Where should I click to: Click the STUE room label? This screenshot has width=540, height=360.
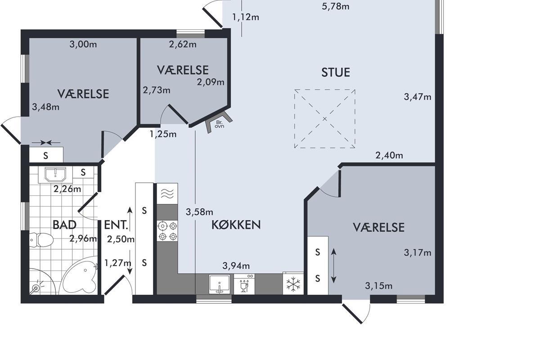pyautogui.click(x=336, y=72)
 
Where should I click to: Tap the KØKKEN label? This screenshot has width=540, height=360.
pyautogui.click(x=236, y=225)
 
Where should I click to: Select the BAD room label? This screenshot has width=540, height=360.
pyautogui.click(x=64, y=225)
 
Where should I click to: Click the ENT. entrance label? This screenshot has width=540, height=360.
pyautogui.click(x=116, y=225)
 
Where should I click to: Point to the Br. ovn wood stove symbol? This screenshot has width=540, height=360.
pyautogui.click(x=219, y=122)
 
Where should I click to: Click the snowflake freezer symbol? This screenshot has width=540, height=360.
pyautogui.click(x=293, y=284)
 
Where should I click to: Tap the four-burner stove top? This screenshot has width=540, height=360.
pyautogui.click(x=167, y=231)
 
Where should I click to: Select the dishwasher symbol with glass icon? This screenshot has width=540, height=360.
pyautogui.click(x=244, y=284)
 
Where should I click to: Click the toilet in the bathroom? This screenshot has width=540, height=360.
pyautogui.click(x=41, y=240)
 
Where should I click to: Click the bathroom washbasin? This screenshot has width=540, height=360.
pyautogui.click(x=55, y=174)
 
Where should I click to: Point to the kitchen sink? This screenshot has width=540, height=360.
pyautogui.click(x=220, y=284)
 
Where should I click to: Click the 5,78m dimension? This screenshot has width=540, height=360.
pyautogui.click(x=336, y=6)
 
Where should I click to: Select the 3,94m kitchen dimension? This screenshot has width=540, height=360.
pyautogui.click(x=236, y=265)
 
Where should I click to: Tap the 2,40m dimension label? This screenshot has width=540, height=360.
pyautogui.click(x=389, y=155)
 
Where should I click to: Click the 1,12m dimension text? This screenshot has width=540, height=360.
pyautogui.click(x=246, y=17)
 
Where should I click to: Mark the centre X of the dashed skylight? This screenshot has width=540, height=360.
pyautogui.click(x=325, y=119)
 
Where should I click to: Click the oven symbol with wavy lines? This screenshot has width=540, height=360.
pyautogui.click(x=167, y=193)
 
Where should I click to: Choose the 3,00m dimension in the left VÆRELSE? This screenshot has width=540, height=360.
pyautogui.click(x=83, y=45)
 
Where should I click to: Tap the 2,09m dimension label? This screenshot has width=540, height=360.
pyautogui.click(x=211, y=82)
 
